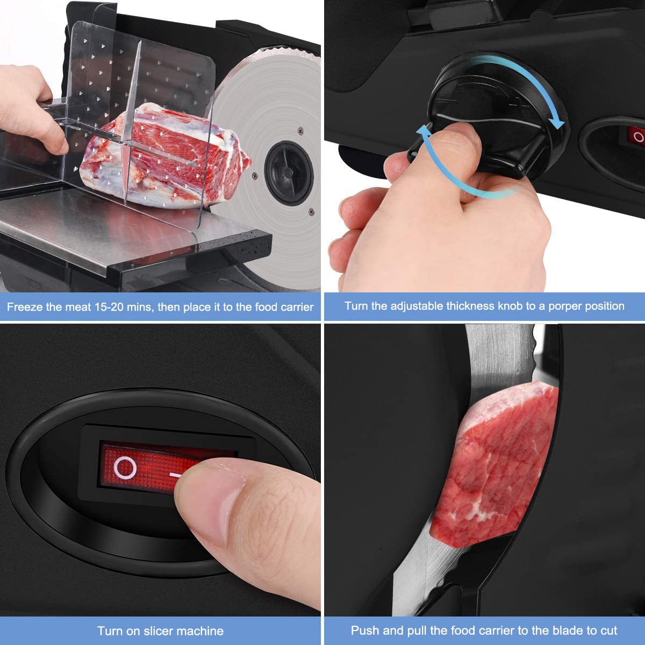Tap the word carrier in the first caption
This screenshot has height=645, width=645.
296,307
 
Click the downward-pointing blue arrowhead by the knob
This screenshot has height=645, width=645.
558,123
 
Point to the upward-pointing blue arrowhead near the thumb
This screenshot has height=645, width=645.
424,131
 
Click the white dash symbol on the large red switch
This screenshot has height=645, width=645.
177,475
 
